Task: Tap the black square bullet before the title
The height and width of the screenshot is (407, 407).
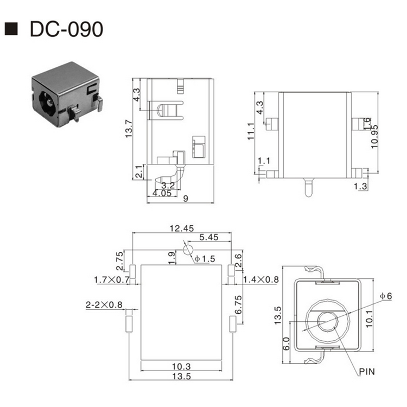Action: [x=11, y=29]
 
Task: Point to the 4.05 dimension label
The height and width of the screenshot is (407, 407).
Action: [x=162, y=193]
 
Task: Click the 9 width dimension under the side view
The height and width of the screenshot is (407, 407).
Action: [x=186, y=199]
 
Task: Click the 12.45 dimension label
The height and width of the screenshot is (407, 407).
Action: [x=181, y=228]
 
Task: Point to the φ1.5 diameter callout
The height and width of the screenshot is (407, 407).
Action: [x=205, y=259]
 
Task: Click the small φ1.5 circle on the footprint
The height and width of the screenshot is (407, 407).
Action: [x=188, y=250]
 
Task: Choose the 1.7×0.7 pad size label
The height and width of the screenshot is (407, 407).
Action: [x=111, y=280]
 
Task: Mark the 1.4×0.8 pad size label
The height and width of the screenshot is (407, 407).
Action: [x=260, y=279]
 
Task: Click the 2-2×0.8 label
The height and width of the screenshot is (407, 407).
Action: [x=104, y=304]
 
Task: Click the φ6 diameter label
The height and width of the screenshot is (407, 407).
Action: [x=386, y=295]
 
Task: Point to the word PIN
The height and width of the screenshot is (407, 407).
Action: [x=366, y=372]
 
